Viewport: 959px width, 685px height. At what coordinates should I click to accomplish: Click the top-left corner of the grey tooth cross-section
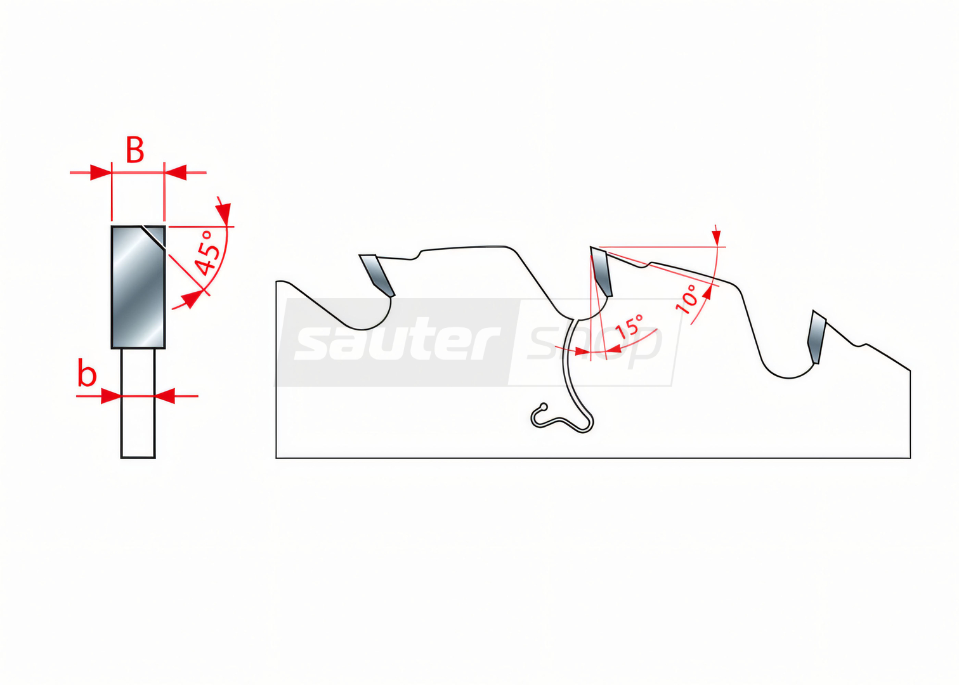(x=112, y=226)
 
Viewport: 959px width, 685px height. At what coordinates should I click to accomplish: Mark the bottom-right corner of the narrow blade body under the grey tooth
(x=155, y=458)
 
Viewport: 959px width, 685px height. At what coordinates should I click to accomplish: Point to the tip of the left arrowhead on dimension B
(x=112, y=173)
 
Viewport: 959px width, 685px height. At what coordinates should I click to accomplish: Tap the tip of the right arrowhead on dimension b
(x=155, y=396)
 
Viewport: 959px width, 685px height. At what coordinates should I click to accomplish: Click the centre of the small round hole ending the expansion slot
(x=544, y=407)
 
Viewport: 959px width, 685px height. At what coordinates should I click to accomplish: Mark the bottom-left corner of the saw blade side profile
(x=276, y=458)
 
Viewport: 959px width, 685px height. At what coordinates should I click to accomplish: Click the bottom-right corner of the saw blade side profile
(x=910, y=458)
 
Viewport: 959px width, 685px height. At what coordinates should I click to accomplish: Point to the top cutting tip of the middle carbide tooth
(x=591, y=247)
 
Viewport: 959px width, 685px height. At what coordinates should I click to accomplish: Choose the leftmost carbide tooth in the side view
(x=377, y=275)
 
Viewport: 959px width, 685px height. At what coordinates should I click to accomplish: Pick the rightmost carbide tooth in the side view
(x=816, y=337)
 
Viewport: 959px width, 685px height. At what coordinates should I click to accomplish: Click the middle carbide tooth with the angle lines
(x=601, y=271)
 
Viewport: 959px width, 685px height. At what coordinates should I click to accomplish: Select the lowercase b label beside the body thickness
(x=87, y=372)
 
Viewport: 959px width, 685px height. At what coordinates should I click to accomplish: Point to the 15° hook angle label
(x=629, y=327)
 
